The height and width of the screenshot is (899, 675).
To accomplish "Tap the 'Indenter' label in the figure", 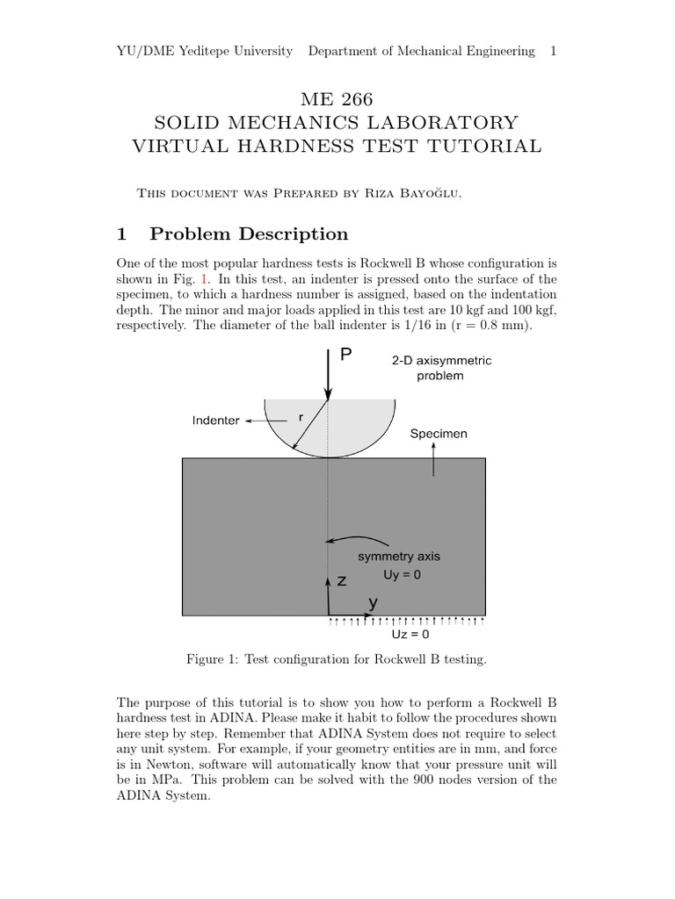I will click(x=215, y=421).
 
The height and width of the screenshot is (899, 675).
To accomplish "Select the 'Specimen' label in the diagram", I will click(x=439, y=434).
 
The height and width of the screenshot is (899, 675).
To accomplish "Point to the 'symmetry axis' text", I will click(x=399, y=557).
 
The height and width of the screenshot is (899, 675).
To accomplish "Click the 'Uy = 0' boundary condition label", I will click(x=403, y=574).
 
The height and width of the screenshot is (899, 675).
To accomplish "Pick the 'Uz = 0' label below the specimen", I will click(x=410, y=634).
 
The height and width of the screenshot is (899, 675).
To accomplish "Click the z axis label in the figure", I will click(x=342, y=581).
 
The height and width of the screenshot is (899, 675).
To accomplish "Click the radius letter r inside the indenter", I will click(x=301, y=418).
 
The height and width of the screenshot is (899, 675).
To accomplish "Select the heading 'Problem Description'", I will click(x=249, y=234).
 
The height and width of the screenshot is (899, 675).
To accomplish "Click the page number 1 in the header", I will click(x=553, y=51).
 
